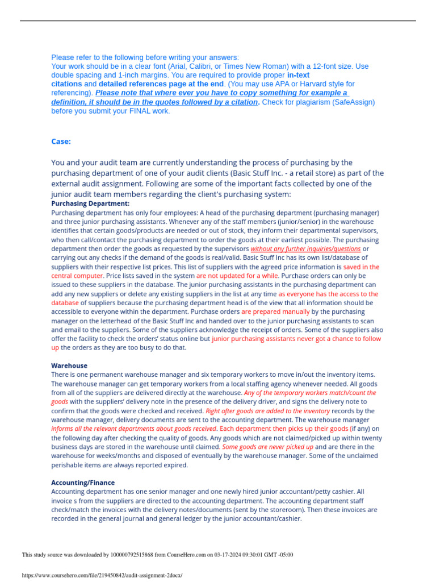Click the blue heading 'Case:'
pos(61,142)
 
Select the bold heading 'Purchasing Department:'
pos(90,203)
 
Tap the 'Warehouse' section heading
pos(69,365)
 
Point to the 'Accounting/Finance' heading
pos(83,483)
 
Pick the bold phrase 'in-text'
pos(298,75)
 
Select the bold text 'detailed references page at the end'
pos(161,84)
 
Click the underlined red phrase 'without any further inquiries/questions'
pos(305,249)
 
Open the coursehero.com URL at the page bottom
pos(102,575)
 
